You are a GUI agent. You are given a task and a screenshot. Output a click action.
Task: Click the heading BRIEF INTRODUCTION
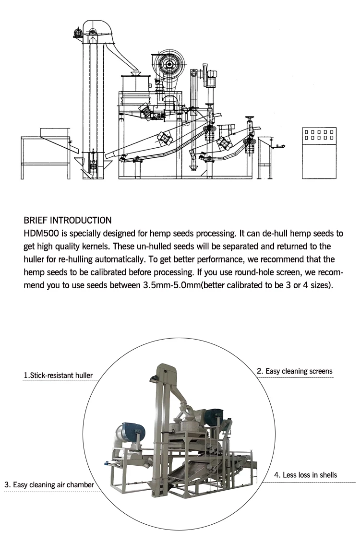pyautogui.click(x=67, y=221)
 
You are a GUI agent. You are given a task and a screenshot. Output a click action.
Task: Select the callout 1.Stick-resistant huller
pyautogui.click(x=58, y=375)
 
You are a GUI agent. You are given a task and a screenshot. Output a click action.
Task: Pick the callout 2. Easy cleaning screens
pyautogui.click(x=294, y=371)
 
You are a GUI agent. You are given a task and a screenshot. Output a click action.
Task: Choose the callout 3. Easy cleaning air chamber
pyautogui.click(x=49, y=485)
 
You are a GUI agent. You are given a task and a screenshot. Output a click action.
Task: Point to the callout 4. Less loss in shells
pyautogui.click(x=305, y=475)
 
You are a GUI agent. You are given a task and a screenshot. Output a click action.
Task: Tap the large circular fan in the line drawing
pyautogui.click(x=169, y=64)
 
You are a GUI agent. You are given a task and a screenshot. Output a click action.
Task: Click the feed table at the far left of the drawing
pyautogui.click(x=46, y=144)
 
